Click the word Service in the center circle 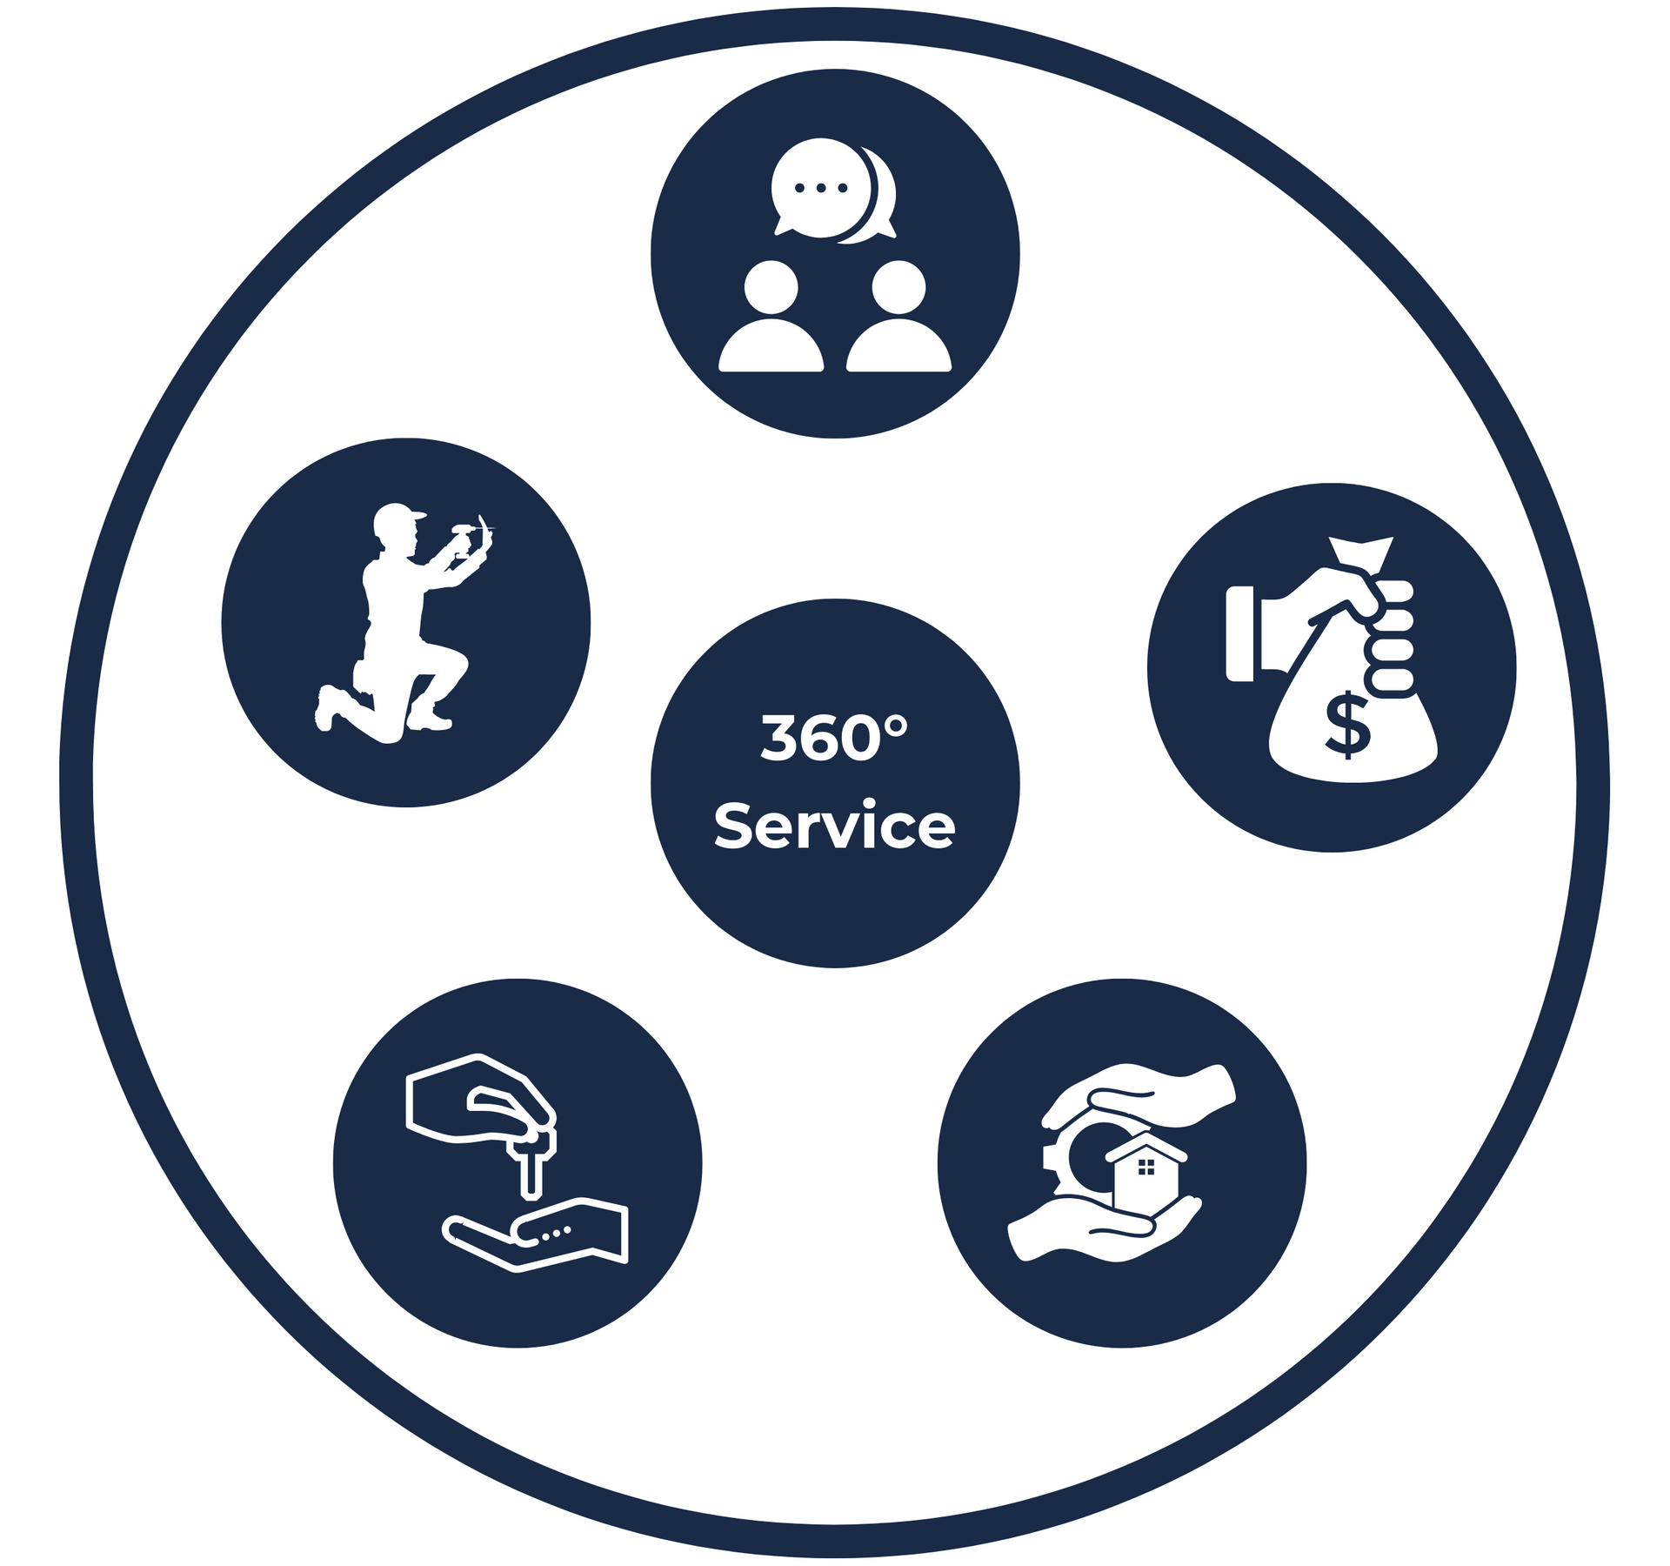[x=834, y=826]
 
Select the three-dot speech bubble [x=820, y=188]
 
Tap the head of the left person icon [x=772, y=288]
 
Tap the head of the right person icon [x=898, y=288]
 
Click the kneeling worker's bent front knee [x=456, y=665]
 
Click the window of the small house [x=1146, y=1167]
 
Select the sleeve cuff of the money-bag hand [x=1240, y=632]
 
